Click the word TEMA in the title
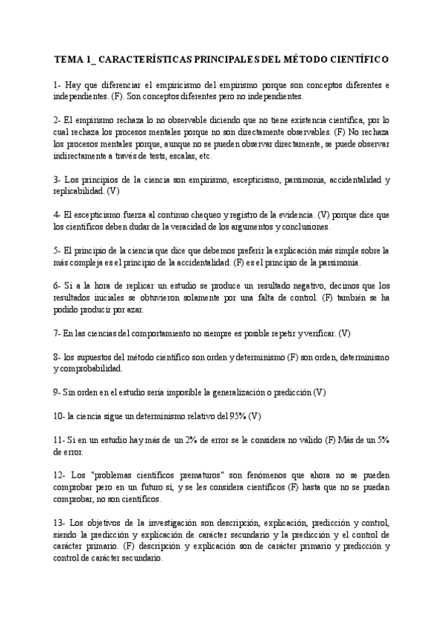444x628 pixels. [67, 58]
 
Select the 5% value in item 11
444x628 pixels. [383, 439]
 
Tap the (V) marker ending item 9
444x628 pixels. [319, 392]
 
